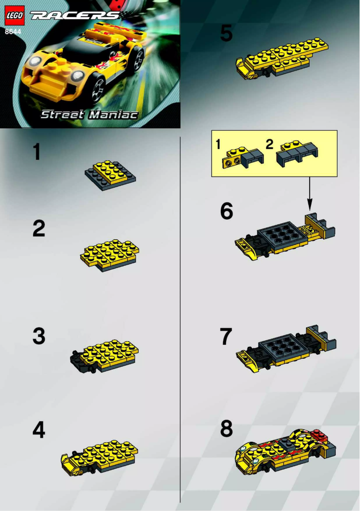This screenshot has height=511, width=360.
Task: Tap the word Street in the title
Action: (62, 115)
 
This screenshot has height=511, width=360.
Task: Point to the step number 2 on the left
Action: (39, 229)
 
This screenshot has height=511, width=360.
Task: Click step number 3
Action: (39, 336)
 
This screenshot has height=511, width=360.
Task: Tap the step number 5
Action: (227, 34)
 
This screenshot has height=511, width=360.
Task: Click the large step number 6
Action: (227, 211)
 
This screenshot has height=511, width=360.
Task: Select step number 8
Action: (227, 429)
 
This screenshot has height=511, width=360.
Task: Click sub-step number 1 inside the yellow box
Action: (218, 145)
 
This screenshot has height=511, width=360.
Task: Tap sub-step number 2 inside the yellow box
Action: (270, 145)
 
